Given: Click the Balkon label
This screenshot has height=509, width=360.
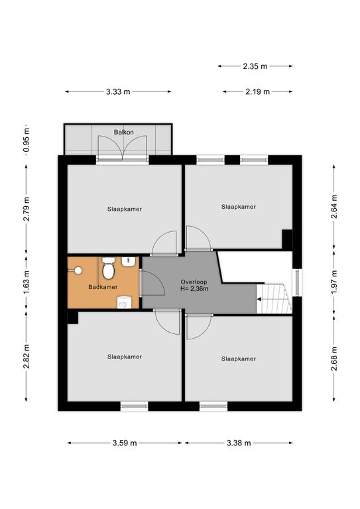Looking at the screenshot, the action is (x=124, y=132).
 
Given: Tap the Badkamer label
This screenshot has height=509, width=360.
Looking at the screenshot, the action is (x=103, y=287).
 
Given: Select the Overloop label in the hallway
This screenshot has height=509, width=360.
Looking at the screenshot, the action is (x=194, y=282).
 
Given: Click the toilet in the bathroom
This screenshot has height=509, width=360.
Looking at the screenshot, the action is (x=109, y=268).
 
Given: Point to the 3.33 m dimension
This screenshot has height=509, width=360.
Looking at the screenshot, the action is (x=118, y=92).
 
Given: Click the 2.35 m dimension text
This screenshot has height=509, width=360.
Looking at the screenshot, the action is (x=255, y=66).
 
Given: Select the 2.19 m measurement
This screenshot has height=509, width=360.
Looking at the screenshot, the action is (x=257, y=92).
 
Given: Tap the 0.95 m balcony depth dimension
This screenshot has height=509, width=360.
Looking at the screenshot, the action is (x=27, y=141).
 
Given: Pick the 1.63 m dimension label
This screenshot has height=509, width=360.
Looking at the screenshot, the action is (x=27, y=282).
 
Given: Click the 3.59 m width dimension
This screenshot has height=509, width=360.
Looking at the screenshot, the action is (x=125, y=443).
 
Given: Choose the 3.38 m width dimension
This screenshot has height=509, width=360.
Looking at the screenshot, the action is (x=239, y=443).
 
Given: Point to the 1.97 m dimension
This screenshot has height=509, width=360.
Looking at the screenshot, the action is (x=334, y=282).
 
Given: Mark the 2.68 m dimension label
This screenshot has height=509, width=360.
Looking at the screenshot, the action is (x=334, y=359).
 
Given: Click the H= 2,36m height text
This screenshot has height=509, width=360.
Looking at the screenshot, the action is (x=194, y=288).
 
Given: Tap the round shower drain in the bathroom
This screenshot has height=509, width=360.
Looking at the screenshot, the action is (x=78, y=270).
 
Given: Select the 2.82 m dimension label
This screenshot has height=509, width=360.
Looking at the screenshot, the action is (x=27, y=357).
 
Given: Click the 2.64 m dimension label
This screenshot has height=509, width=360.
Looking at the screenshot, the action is (x=334, y=207).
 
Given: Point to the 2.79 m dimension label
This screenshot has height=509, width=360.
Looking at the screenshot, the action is (x=27, y=209).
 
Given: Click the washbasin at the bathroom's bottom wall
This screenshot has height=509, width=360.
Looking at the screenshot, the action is (x=123, y=302).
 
